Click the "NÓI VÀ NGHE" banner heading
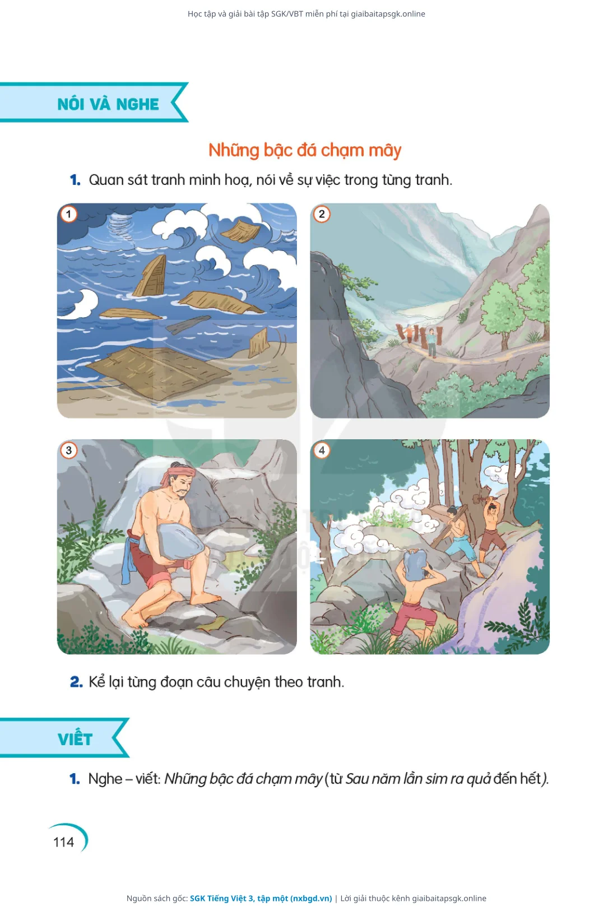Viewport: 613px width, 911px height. click(108, 104)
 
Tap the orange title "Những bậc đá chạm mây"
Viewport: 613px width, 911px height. click(305, 151)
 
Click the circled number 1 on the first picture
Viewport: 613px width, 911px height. click(69, 214)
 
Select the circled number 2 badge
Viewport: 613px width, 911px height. click(322, 214)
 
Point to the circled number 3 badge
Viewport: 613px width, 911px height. click(69, 450)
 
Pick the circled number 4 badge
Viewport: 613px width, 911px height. click(322, 450)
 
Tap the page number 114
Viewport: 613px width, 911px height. click(63, 842)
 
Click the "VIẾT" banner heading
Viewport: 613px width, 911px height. click(75, 739)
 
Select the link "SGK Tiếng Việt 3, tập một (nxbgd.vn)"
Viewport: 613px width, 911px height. click(261, 898)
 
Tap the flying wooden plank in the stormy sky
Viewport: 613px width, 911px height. click(241, 231)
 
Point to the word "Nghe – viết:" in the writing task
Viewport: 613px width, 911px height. click(125, 779)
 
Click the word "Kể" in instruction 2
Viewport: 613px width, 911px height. click(97, 681)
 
